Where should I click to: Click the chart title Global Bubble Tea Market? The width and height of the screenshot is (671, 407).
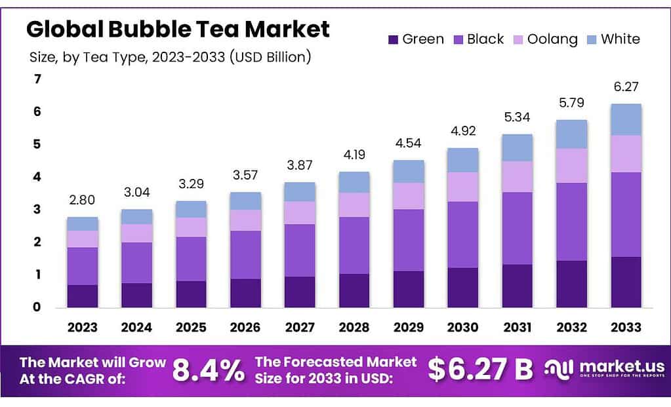pos(178,29)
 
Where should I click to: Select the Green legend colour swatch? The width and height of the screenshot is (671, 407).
pos(393,39)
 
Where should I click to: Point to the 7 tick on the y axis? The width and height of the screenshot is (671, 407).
pos(37,79)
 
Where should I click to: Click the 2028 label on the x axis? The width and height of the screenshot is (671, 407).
pos(354,327)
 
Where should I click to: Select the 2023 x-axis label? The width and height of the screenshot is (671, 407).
pos(83,327)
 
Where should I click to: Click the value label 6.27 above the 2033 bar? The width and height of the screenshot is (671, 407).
pos(626,87)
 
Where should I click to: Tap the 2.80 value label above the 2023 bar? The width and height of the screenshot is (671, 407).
pos(83,200)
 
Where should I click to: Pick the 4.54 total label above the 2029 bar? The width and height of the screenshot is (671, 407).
pos(409,144)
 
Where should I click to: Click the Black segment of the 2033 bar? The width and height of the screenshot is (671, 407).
pos(626,214)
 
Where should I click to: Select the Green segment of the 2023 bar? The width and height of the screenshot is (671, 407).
pos(83,296)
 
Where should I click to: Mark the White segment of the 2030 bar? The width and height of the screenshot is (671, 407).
pos(463,160)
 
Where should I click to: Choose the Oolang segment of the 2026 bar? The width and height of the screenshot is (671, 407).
pos(245,220)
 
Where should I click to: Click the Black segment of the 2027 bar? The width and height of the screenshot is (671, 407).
pos(300,250)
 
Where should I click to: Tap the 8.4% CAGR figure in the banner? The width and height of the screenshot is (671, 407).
pos(208,370)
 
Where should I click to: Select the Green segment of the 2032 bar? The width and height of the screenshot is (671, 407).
pos(571,284)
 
